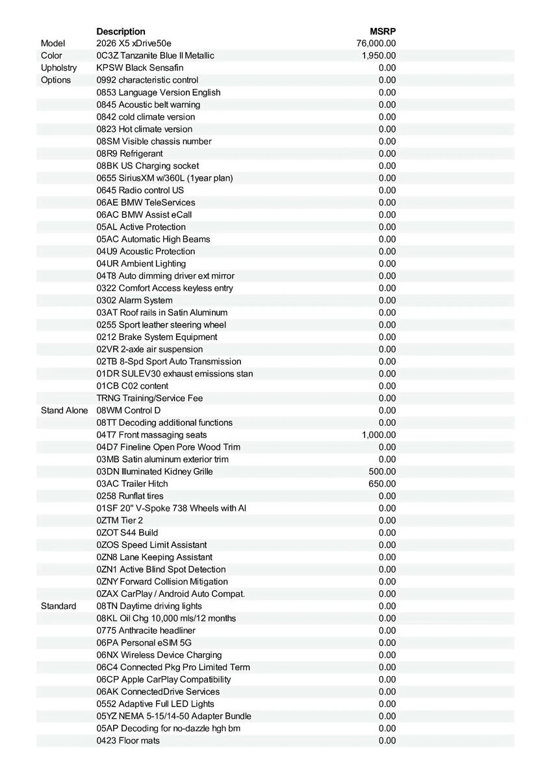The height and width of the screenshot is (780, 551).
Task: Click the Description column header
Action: coord(121,31)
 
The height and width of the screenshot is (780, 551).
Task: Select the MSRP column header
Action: coord(383,31)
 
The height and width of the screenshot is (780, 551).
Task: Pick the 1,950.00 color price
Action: coord(379,56)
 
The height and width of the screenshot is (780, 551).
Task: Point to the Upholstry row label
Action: coord(58,68)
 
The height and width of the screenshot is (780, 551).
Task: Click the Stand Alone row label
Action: coord(64,410)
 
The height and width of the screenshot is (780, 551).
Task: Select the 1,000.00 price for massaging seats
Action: coord(379,435)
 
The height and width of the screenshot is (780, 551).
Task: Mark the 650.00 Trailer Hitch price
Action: coord(382,484)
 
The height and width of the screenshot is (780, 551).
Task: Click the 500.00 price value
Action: coord(382,471)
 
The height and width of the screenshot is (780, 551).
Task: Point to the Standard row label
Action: coord(58,606)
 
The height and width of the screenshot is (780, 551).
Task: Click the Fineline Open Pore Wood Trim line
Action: coord(168,447)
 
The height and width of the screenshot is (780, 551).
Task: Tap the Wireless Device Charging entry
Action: coord(159,655)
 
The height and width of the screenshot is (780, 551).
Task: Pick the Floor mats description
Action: coord(128,740)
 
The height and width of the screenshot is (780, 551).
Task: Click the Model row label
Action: coord(53,44)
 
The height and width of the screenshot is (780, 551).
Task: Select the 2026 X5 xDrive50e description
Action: coord(134,44)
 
